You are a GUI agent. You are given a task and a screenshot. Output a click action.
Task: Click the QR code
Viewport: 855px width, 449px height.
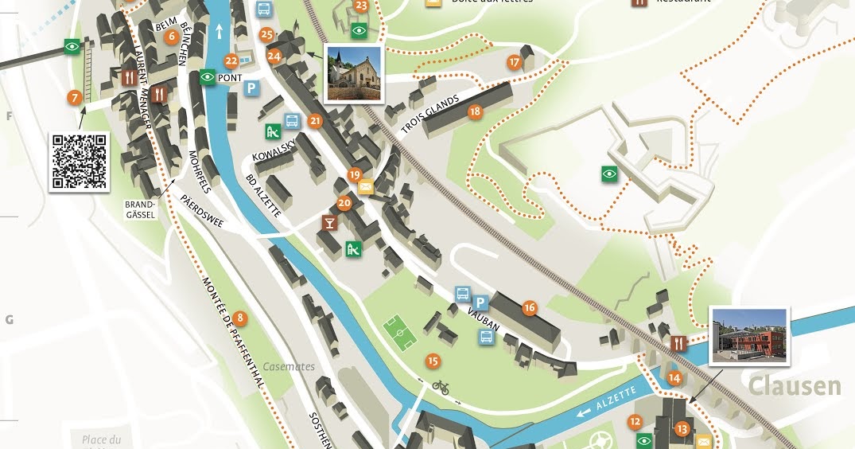pyautogui.click(x=80, y=162)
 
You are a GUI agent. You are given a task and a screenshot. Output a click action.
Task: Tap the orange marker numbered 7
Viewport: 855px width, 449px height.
pyautogui.click(x=75, y=98)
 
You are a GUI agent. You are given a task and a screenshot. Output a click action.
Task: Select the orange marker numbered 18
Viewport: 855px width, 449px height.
pyautogui.click(x=476, y=112)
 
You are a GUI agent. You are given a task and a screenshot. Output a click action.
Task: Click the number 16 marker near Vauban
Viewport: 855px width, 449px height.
pyautogui.click(x=530, y=307)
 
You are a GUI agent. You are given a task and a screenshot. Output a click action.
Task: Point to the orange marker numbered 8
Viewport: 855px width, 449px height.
pyautogui.click(x=240, y=319)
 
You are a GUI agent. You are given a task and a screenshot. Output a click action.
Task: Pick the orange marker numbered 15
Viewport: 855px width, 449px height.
pyautogui.click(x=433, y=361)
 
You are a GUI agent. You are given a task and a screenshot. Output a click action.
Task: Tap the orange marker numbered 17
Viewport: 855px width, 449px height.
pyautogui.click(x=515, y=62)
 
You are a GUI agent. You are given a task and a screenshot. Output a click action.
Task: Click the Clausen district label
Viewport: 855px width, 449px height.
pyautogui.click(x=795, y=387)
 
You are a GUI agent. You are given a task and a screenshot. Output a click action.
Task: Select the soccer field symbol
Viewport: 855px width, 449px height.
pyautogui.click(x=401, y=332)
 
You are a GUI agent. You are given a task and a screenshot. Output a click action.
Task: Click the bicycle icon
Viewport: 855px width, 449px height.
pyautogui.click(x=441, y=388)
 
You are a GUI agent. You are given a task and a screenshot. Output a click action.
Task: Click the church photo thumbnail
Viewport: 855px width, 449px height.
pyautogui.click(x=354, y=73)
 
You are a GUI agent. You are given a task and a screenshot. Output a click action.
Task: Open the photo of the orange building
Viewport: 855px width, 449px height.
pyautogui.click(x=749, y=336)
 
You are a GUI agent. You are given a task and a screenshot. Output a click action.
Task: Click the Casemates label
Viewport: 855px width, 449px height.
pyautogui.click(x=291, y=367)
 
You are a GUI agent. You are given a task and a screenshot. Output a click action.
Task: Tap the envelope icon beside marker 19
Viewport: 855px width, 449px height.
pyautogui.click(x=366, y=187)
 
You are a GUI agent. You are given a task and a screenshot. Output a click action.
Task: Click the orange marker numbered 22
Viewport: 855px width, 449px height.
pyautogui.click(x=231, y=61)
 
